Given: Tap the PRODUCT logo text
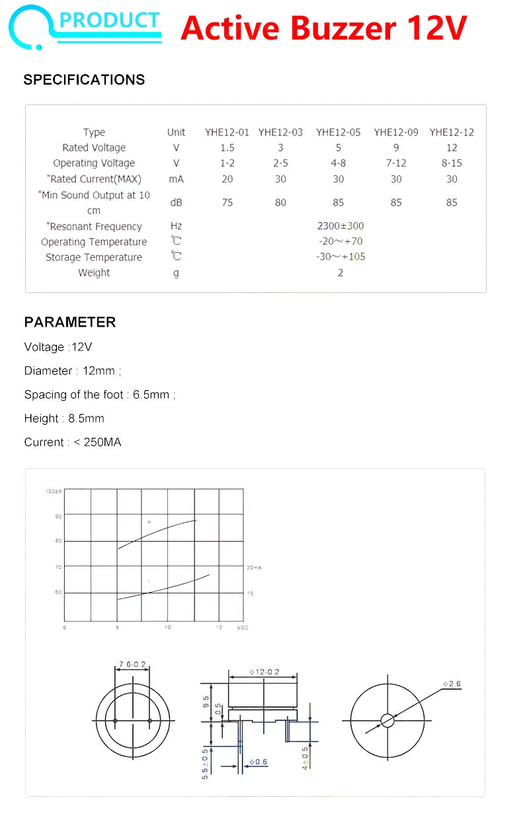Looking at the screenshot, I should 110,20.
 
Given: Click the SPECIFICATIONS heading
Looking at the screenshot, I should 84,80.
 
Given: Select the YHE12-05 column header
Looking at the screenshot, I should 338,132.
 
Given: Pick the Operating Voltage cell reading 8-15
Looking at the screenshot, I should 452,163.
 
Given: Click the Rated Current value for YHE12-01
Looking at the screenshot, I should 227,179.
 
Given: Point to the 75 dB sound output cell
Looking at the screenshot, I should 227,202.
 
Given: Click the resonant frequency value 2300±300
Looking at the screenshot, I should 340,226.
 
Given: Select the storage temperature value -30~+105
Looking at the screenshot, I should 340,257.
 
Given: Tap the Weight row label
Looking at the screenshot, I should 94,272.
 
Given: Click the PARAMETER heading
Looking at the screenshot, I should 70,322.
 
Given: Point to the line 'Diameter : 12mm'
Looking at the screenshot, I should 72,371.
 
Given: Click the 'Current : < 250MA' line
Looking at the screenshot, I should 73,442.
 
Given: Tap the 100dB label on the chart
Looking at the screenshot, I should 54,491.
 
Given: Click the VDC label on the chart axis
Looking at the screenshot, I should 242,628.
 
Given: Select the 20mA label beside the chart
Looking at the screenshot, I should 254,568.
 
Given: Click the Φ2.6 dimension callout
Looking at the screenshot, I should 453,684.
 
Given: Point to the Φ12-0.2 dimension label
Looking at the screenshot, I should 264,672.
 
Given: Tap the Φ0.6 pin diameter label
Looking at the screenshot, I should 259,762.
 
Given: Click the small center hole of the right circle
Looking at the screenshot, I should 387,720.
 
